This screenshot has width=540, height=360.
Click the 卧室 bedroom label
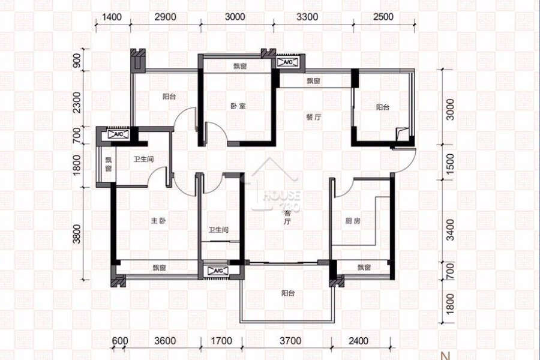pos(238,106)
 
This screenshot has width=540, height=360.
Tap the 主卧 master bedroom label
pos(158,220)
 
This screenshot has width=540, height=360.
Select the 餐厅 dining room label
pos(314,117)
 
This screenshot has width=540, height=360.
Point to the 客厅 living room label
pos(287,217)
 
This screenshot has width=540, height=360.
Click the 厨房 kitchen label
pos(353,220)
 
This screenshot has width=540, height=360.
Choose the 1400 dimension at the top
pos(112,17)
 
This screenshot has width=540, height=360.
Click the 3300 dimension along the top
pos(307,17)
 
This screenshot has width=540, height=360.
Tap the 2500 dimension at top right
pos(383,17)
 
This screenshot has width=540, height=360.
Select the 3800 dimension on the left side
pos(77,234)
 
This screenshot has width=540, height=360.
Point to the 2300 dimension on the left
pos(77,102)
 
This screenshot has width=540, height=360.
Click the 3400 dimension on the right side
pos(450,229)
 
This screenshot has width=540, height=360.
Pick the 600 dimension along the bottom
pos(120,341)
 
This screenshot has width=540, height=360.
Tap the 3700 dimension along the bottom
pos(290,341)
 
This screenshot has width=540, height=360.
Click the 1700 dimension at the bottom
pos(221,341)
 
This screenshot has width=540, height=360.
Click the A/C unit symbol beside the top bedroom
pos(287,62)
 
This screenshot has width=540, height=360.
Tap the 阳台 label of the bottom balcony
pos(288,293)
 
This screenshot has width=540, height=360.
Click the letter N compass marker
pos(446,356)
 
